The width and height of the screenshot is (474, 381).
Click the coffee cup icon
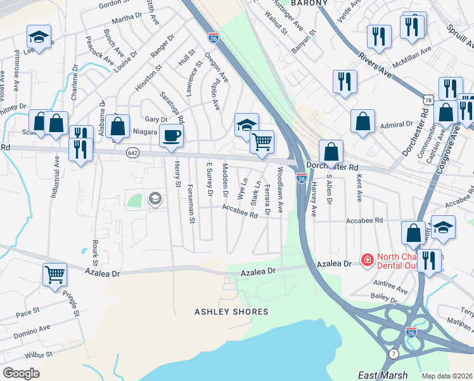[171, 135]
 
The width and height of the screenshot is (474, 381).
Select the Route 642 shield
[132, 152]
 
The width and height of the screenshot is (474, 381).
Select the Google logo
[21, 373]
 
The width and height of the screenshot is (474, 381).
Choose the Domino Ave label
[33, 331]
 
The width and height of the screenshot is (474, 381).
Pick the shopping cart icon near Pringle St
[54, 274]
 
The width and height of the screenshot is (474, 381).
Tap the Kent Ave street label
[359, 189]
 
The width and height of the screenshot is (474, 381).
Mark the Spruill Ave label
[460, 37]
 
